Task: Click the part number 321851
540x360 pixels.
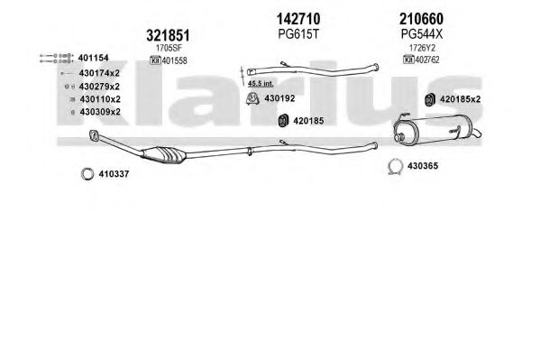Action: [168, 35]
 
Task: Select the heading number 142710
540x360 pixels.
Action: [298, 19]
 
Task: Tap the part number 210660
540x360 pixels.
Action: [421, 19]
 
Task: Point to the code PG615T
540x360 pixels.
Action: [298, 34]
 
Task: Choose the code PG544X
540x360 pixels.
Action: [422, 34]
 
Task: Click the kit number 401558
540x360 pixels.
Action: [174, 60]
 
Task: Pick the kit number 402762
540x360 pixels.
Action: [427, 60]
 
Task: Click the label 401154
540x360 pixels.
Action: [94, 58]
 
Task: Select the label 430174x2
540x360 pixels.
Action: [99, 73]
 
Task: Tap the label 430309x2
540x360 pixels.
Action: [100, 112]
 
